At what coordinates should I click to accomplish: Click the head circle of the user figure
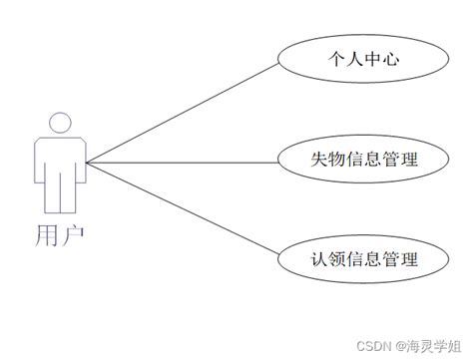coord(60,123)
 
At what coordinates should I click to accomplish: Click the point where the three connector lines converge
coord(88,162)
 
